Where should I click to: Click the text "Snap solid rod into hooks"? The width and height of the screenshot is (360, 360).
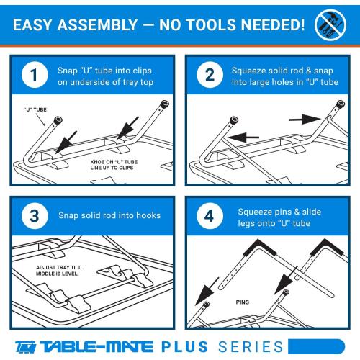109,215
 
